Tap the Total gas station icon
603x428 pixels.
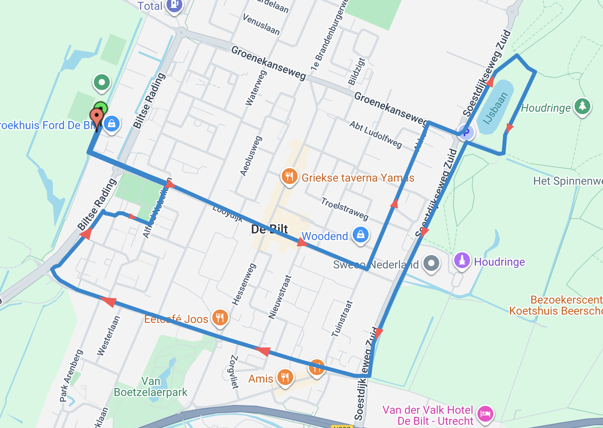[x=174, y=6]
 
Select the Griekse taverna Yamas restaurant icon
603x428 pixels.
[x=289, y=176]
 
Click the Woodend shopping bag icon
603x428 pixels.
[x=360, y=235]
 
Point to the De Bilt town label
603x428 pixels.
[x=270, y=229]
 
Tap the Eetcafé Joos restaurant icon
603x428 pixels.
[x=220, y=317]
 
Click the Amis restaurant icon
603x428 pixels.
[x=285, y=377]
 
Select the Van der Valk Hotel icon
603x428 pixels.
[x=485, y=414]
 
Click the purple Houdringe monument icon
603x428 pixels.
[x=462, y=261]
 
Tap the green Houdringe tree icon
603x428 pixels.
[x=582, y=106]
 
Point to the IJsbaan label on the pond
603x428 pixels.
[x=495, y=108]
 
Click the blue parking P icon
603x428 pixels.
[x=466, y=133]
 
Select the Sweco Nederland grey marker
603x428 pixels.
[x=431, y=263]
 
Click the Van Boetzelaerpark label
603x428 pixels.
[x=150, y=387]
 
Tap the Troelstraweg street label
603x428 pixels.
[x=345, y=208]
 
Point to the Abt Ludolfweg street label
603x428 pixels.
[x=376, y=134]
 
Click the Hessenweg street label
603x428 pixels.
[x=244, y=284]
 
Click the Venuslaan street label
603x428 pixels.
[x=261, y=24]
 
